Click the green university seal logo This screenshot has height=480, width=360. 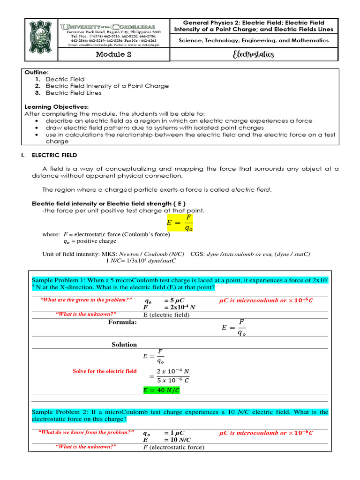coord(41,40)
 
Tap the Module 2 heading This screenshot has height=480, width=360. coord(113,54)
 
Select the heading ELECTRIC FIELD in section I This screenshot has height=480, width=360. coord(54,155)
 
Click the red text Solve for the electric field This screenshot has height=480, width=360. coord(105,371)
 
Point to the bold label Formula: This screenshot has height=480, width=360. coord(122,322)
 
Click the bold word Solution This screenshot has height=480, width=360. coord(124,345)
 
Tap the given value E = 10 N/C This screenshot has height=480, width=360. coord(166,440)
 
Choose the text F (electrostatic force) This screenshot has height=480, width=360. coord(173,447)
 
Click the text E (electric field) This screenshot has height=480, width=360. coord(166,315)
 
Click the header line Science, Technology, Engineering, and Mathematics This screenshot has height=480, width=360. coord(254,41)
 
